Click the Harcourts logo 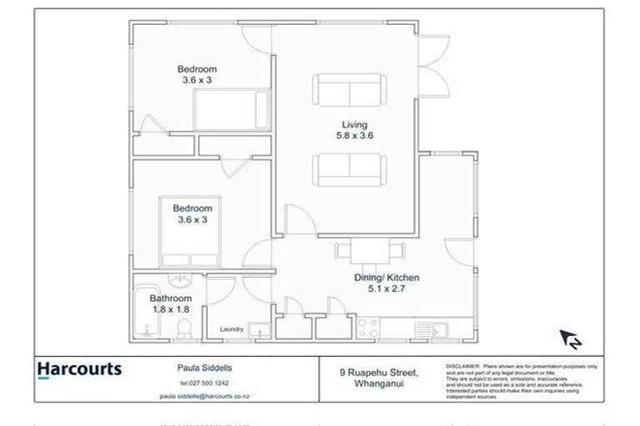point(79,369)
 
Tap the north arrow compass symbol point(571,339)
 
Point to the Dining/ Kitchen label point(382,278)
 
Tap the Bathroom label point(170,298)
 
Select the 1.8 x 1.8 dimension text point(170,309)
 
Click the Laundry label point(231,329)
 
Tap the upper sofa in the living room point(349,89)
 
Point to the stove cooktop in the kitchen point(367,328)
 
